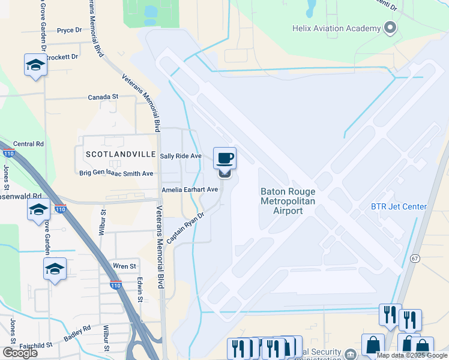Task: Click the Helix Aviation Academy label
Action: pos(336,28)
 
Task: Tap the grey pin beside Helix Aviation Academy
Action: pos(391,28)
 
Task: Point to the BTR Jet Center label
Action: pos(398,207)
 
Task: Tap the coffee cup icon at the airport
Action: pos(225,158)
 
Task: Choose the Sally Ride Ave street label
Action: pos(181,156)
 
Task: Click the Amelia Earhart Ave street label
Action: pos(189,190)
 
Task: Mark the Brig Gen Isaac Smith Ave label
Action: pos(116,173)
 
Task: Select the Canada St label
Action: pos(103,97)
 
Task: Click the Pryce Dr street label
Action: pos(69,30)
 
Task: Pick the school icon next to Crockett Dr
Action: pos(35,65)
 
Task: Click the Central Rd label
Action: pos(29,144)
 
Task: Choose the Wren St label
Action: pos(125,266)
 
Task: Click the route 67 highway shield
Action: pos(415,258)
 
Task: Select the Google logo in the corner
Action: pos(20,353)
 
